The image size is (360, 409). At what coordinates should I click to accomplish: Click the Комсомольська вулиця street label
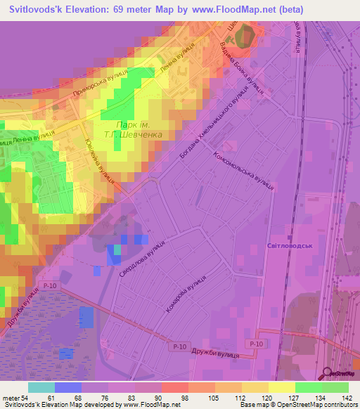coord(243,175)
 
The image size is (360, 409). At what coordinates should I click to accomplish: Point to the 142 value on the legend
coord(346,398)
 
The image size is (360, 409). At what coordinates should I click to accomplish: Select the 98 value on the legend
coord(185,398)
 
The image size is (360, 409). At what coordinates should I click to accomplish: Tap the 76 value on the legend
coord(105,398)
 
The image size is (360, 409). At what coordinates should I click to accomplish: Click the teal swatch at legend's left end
coord(41,387)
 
